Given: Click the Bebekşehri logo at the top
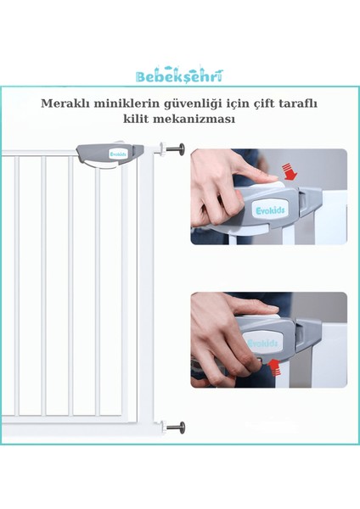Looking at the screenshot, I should tap(179, 76).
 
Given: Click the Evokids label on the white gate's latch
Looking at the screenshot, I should tap(117, 154).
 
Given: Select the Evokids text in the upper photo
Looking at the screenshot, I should tap(269, 210).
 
